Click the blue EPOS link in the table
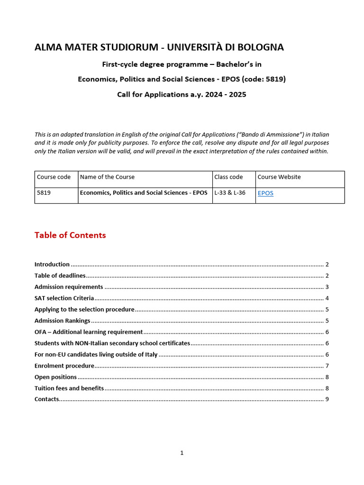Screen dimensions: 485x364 265,193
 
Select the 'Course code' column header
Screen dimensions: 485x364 54,177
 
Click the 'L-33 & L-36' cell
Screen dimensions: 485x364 230,193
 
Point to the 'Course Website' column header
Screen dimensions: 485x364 279,177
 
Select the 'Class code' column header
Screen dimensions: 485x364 228,177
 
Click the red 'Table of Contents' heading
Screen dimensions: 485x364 70,235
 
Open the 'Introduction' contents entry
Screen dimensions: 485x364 52,264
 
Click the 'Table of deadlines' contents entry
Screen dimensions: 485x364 60,276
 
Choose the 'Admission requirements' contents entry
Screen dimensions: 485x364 69,287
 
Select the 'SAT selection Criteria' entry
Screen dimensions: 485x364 64,298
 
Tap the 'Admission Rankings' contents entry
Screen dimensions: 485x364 62,321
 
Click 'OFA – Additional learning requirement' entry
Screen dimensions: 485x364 89,332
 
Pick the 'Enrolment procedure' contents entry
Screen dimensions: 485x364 64,366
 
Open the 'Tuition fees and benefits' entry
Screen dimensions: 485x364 69,388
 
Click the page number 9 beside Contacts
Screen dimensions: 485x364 327,399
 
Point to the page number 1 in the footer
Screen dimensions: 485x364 182,453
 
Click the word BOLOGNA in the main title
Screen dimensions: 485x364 261,47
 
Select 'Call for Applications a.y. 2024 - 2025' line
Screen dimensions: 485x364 182,94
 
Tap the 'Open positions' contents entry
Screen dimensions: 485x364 55,377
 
